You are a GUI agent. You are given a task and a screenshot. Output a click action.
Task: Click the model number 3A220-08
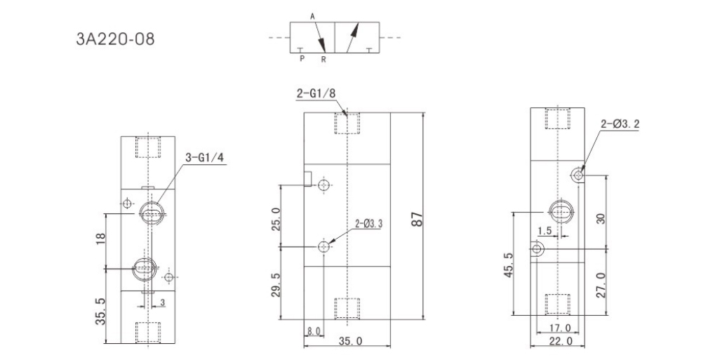(x=114, y=37)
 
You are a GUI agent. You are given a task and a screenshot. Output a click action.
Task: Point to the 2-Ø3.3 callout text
(x=370, y=225)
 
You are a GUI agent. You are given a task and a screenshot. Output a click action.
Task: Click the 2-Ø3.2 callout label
(x=620, y=124)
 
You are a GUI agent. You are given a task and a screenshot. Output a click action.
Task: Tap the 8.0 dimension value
(x=313, y=331)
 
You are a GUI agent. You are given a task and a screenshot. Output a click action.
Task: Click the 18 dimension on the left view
(x=100, y=240)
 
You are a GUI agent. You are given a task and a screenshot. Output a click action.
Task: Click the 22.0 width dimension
(x=559, y=342)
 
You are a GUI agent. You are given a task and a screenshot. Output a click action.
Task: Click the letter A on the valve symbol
(x=312, y=15)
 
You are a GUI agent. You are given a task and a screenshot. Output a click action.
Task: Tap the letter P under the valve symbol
(x=302, y=60)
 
